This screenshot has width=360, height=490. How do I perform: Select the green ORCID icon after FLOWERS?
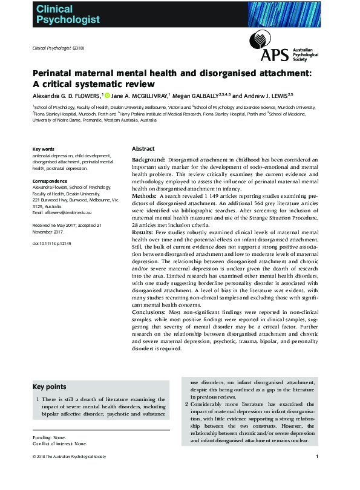(x=107, y=95)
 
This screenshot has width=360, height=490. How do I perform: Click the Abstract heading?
(x=143, y=149)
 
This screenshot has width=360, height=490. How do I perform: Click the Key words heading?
(x=44, y=149)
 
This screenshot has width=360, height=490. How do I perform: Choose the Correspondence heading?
(x=50, y=181)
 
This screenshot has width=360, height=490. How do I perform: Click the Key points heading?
(x=50, y=387)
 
